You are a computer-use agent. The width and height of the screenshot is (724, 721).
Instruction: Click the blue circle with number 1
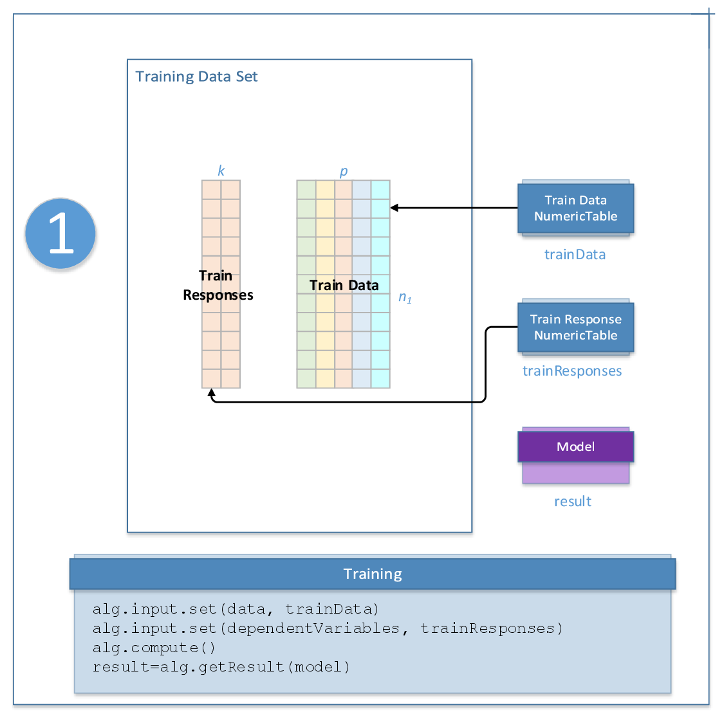tap(60, 233)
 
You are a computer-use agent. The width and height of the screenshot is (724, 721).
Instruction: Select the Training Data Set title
tap(196, 77)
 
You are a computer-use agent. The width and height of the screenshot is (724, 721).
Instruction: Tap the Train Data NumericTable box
tap(575, 208)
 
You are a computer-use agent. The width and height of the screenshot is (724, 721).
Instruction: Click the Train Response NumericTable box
tap(575, 327)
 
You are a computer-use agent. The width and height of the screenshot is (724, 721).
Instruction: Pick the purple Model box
tap(575, 447)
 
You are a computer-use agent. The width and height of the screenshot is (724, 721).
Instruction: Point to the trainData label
tap(575, 255)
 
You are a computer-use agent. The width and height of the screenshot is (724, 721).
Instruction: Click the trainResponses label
tap(572, 371)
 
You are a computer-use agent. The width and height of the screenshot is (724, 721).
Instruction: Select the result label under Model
tap(573, 502)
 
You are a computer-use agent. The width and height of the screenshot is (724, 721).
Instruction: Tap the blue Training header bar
tap(373, 574)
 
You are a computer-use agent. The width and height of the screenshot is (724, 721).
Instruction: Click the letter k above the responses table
tap(221, 171)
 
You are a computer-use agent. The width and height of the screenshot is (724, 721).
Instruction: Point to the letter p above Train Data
tap(344, 171)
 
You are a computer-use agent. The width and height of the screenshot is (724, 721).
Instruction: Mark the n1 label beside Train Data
tap(405, 297)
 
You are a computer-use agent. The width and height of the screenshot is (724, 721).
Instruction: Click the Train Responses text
tap(218, 286)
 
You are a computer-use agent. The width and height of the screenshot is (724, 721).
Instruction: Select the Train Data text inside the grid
tap(344, 286)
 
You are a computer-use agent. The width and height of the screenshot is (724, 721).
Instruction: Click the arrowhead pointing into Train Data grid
tap(394, 208)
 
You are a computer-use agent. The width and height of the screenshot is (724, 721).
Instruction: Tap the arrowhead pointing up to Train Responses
tap(211, 392)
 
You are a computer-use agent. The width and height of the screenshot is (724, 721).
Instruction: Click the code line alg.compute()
tap(154, 648)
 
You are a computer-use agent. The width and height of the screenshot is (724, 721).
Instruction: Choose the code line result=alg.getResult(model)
tap(221, 667)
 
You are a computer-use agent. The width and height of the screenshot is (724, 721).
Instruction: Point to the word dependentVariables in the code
tap(313, 628)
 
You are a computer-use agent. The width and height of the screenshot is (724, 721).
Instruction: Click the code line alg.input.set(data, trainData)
tap(236, 609)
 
